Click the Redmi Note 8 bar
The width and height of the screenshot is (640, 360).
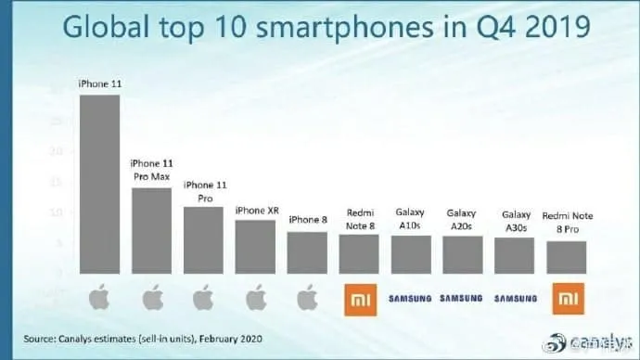pos(359,253)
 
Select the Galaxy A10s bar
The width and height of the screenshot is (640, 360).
pos(411,254)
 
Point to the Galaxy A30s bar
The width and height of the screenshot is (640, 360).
pos(515,255)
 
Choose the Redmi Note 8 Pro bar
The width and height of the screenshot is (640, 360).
pos(567,257)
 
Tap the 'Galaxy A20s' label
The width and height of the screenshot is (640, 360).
pos(463,218)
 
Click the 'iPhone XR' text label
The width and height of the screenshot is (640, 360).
pos(256,211)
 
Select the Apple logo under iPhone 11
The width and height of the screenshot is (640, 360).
pos(99,299)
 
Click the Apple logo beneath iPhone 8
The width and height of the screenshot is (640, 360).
pos(307,299)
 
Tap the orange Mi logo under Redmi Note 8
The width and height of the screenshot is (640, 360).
pos(359,299)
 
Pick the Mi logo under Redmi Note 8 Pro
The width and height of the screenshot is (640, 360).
pos(567,299)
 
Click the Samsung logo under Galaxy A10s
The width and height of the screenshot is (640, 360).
pos(411,299)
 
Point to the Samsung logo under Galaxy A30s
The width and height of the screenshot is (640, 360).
pos(515,299)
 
